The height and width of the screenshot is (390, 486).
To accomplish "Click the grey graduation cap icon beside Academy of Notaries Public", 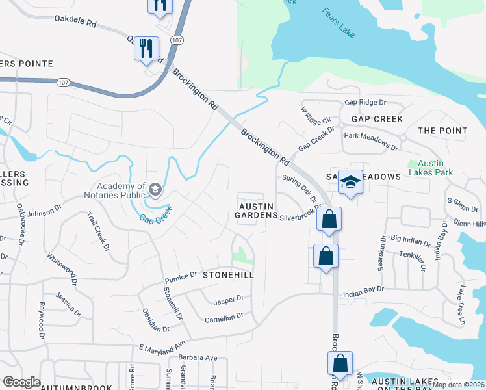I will point(155,189).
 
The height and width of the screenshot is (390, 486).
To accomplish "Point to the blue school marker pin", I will point(350,183).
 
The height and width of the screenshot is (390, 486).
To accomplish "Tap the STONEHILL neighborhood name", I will point(227,275).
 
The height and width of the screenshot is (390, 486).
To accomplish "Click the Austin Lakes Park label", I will point(430,168).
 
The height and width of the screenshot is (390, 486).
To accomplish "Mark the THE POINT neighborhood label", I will point(442,131).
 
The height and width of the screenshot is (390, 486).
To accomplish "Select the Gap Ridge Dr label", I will point(365,103).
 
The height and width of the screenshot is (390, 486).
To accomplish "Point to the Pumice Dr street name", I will point(180,276).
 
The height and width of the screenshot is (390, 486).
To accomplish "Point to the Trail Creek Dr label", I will point(97,227).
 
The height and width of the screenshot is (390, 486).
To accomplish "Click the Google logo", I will point(21,382).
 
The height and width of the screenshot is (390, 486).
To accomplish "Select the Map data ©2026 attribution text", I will point(457,385).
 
